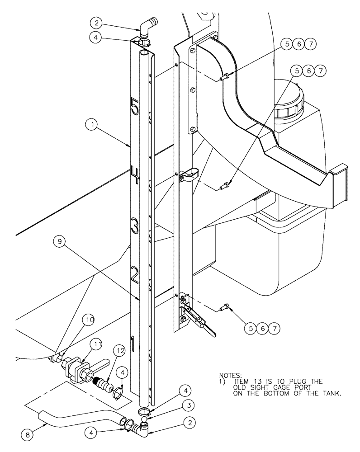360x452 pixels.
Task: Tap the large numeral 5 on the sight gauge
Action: coord(134,107)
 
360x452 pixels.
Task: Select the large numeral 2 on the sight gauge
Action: coord(134,274)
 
